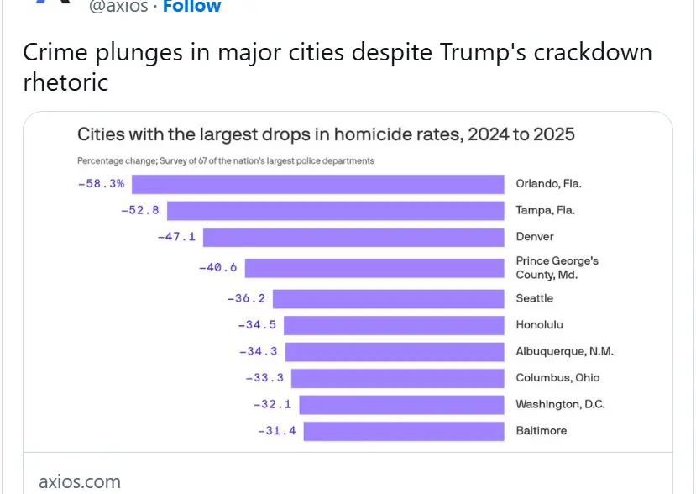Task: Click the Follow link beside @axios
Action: click(191, 8)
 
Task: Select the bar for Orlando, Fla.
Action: click(317, 184)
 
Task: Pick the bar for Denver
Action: click(353, 237)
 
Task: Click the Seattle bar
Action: click(388, 298)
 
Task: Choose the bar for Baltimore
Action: click(403, 431)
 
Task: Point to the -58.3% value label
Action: click(102, 183)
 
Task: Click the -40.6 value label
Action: click(217, 268)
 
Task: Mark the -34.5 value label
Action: click(257, 325)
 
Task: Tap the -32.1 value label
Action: click(272, 404)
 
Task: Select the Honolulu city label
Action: click(539, 325)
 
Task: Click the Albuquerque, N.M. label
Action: click(557, 351)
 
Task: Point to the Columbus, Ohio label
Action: click(557, 378)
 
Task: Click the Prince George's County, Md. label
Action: click(557, 268)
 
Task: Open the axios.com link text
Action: click(80, 481)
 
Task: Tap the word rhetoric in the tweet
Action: click(66, 83)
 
